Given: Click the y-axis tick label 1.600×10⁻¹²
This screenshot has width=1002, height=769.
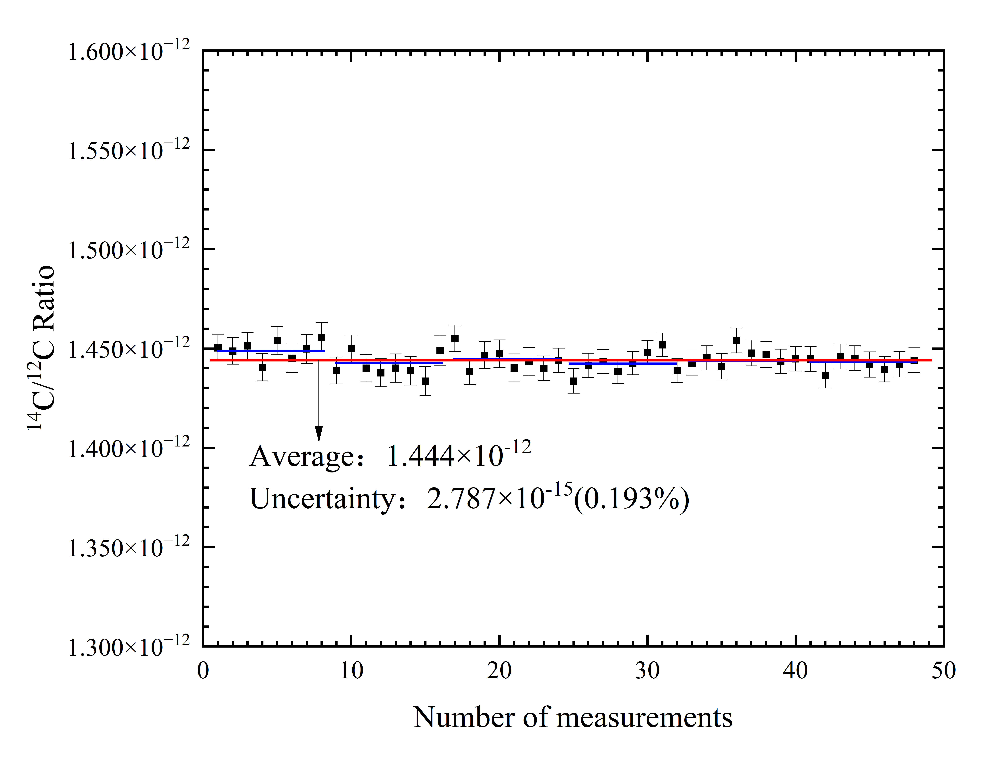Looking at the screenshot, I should pyautogui.click(x=128, y=51).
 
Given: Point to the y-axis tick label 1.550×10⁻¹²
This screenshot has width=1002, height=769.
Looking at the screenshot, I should pyautogui.click(x=128, y=151).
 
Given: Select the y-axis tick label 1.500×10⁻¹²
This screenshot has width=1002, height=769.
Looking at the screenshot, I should pyautogui.click(x=128, y=250).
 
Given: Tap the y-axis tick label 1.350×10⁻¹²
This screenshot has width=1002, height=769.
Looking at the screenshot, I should pyautogui.click(x=128, y=548).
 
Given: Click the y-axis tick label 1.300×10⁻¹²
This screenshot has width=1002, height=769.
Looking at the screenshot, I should pyautogui.click(x=128, y=647).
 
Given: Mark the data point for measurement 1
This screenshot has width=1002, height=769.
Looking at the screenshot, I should pyautogui.click(x=218, y=348).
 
